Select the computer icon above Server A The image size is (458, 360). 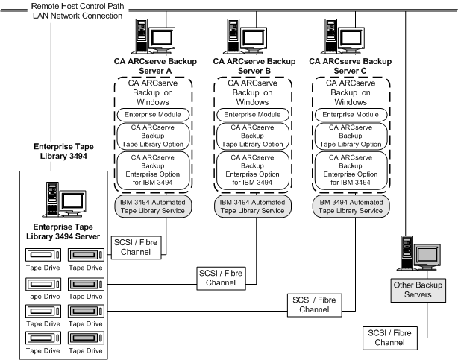click(155, 37)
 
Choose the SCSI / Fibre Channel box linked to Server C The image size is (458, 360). click(311, 304)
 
